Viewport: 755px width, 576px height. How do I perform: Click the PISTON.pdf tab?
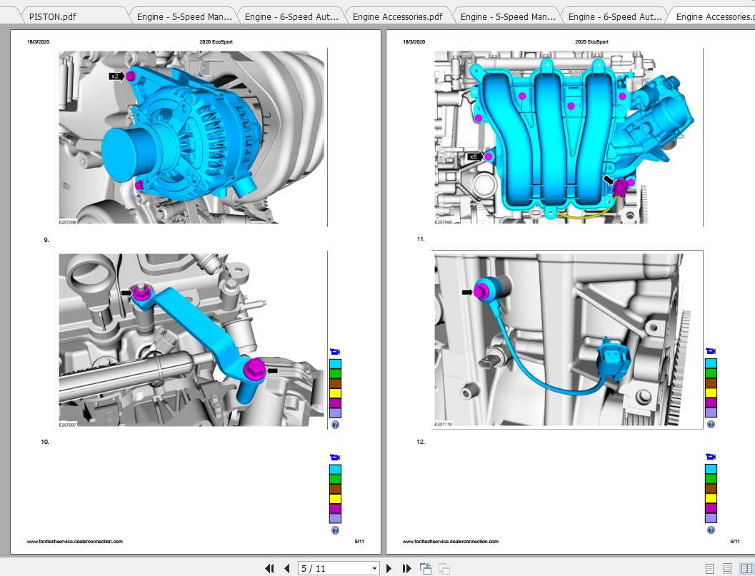pyautogui.click(x=53, y=16)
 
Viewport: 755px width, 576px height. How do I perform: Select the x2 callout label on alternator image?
pyautogui.click(x=114, y=76)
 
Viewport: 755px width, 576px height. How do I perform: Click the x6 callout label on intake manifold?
pyautogui.click(x=473, y=156)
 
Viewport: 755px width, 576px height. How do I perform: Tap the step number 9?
pyautogui.click(x=46, y=240)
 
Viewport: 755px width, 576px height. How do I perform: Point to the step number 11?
pyautogui.click(x=421, y=239)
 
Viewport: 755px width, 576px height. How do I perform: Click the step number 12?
pyautogui.click(x=421, y=442)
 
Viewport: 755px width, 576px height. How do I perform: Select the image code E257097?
pyautogui.click(x=68, y=424)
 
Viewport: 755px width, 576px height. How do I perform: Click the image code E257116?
pyautogui.click(x=443, y=424)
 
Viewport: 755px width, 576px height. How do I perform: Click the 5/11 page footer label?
pyautogui.click(x=359, y=542)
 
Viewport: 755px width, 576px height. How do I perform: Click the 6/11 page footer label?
pyautogui.click(x=734, y=542)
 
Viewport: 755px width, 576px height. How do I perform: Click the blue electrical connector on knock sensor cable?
pyautogui.click(x=611, y=355)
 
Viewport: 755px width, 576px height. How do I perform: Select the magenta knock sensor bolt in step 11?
pyautogui.click(x=481, y=290)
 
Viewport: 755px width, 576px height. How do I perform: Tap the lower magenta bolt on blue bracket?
pyautogui.click(x=254, y=370)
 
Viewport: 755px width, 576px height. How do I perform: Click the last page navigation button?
pyautogui.click(x=406, y=568)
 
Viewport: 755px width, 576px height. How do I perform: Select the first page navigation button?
pyautogui.click(x=269, y=568)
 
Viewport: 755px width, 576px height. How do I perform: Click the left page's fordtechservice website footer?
pyautogui.click(x=75, y=542)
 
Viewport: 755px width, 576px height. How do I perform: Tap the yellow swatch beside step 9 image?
pyautogui.click(x=335, y=393)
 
